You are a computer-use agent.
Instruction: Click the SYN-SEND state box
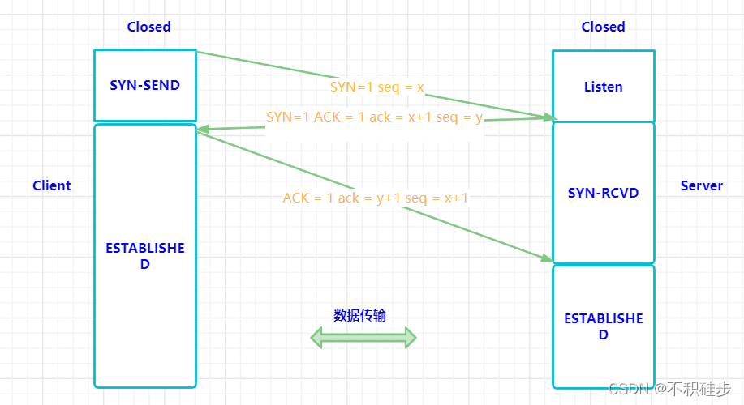[x=145, y=85]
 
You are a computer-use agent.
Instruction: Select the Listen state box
[x=603, y=86]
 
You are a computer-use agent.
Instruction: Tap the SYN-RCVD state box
[x=603, y=193]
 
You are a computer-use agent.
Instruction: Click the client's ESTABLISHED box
[x=145, y=256]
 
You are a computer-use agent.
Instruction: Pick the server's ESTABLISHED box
[x=603, y=326]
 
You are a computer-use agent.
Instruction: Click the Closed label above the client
[x=148, y=27]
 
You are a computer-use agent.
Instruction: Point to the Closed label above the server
[x=603, y=27]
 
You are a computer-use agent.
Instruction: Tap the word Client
[x=52, y=185]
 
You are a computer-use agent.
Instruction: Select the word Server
[x=701, y=185]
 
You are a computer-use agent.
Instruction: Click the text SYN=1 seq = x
[x=376, y=86]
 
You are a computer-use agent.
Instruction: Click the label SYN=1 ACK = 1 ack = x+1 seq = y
[x=374, y=117]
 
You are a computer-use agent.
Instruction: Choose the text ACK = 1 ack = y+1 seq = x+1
[x=375, y=198]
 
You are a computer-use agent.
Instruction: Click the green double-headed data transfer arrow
[x=363, y=338]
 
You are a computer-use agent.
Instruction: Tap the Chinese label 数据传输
[x=359, y=315]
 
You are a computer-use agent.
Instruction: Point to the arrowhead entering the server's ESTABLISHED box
[x=546, y=258]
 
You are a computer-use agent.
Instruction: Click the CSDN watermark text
[x=669, y=389]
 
